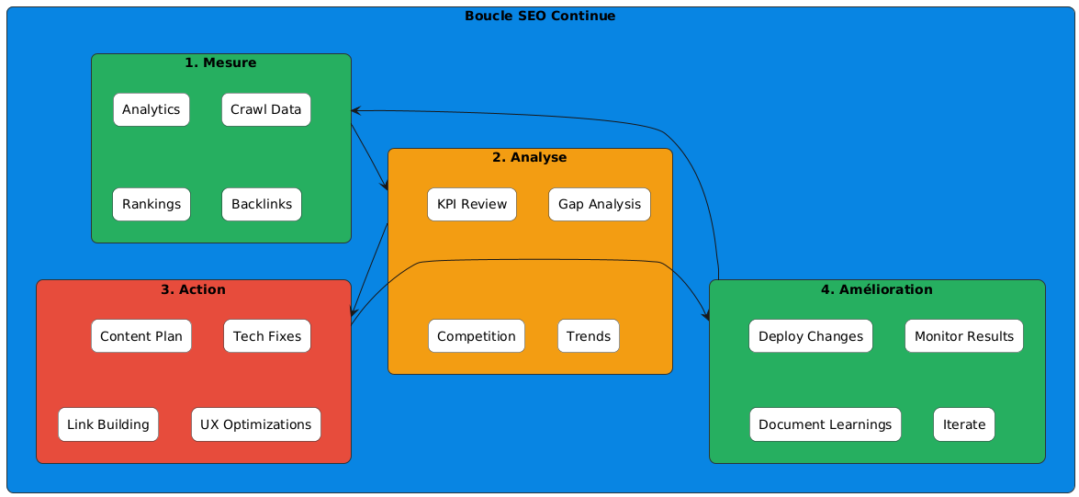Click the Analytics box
click(x=152, y=110)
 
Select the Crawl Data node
click(x=266, y=110)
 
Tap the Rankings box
click(x=152, y=204)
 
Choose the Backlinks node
click(x=262, y=204)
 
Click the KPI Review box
click(x=472, y=204)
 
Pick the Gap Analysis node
click(x=600, y=204)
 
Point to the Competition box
click(x=476, y=336)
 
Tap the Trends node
click(x=589, y=336)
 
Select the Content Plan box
click(x=141, y=336)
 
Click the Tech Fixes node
click(x=267, y=336)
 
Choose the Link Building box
click(x=108, y=424)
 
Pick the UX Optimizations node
click(x=256, y=424)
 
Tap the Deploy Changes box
click(x=810, y=336)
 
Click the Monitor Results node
click(x=964, y=336)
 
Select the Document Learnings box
click(x=825, y=424)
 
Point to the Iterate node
click(x=964, y=424)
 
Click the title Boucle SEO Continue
click(x=540, y=16)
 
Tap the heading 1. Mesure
click(x=220, y=62)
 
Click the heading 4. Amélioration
click(x=877, y=289)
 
